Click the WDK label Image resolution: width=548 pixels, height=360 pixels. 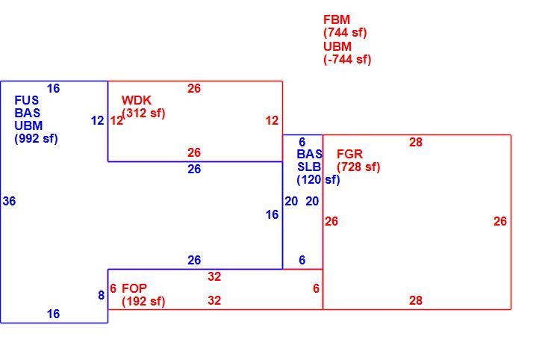point(137,101)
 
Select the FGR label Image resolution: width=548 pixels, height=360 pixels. point(349,154)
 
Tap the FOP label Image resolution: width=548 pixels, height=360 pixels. point(134,288)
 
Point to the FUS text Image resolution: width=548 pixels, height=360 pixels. point(27,101)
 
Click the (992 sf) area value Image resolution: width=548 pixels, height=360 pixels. point(36,139)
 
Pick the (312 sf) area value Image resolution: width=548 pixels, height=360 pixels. point(143,114)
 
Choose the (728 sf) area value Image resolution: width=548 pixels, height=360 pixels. point(358,167)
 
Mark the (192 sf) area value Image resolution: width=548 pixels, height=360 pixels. point(143,301)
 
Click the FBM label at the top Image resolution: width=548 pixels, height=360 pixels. point(337,19)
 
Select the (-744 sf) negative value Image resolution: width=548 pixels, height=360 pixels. point(347,60)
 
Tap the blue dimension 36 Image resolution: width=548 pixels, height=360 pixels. point(9,202)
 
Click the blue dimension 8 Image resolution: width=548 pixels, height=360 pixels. point(102,296)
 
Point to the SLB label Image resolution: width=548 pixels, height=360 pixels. point(309,167)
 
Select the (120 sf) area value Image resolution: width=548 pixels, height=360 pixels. point(318,180)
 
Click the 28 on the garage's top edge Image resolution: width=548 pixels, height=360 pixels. point(416,142)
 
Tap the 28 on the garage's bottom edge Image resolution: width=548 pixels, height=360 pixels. point(416,300)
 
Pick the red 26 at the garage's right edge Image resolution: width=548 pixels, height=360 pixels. point(500,221)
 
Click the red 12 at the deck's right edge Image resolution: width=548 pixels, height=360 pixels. point(272,121)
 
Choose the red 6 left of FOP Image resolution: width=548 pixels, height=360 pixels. point(113,289)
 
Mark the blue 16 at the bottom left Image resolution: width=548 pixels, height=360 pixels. point(54,314)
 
